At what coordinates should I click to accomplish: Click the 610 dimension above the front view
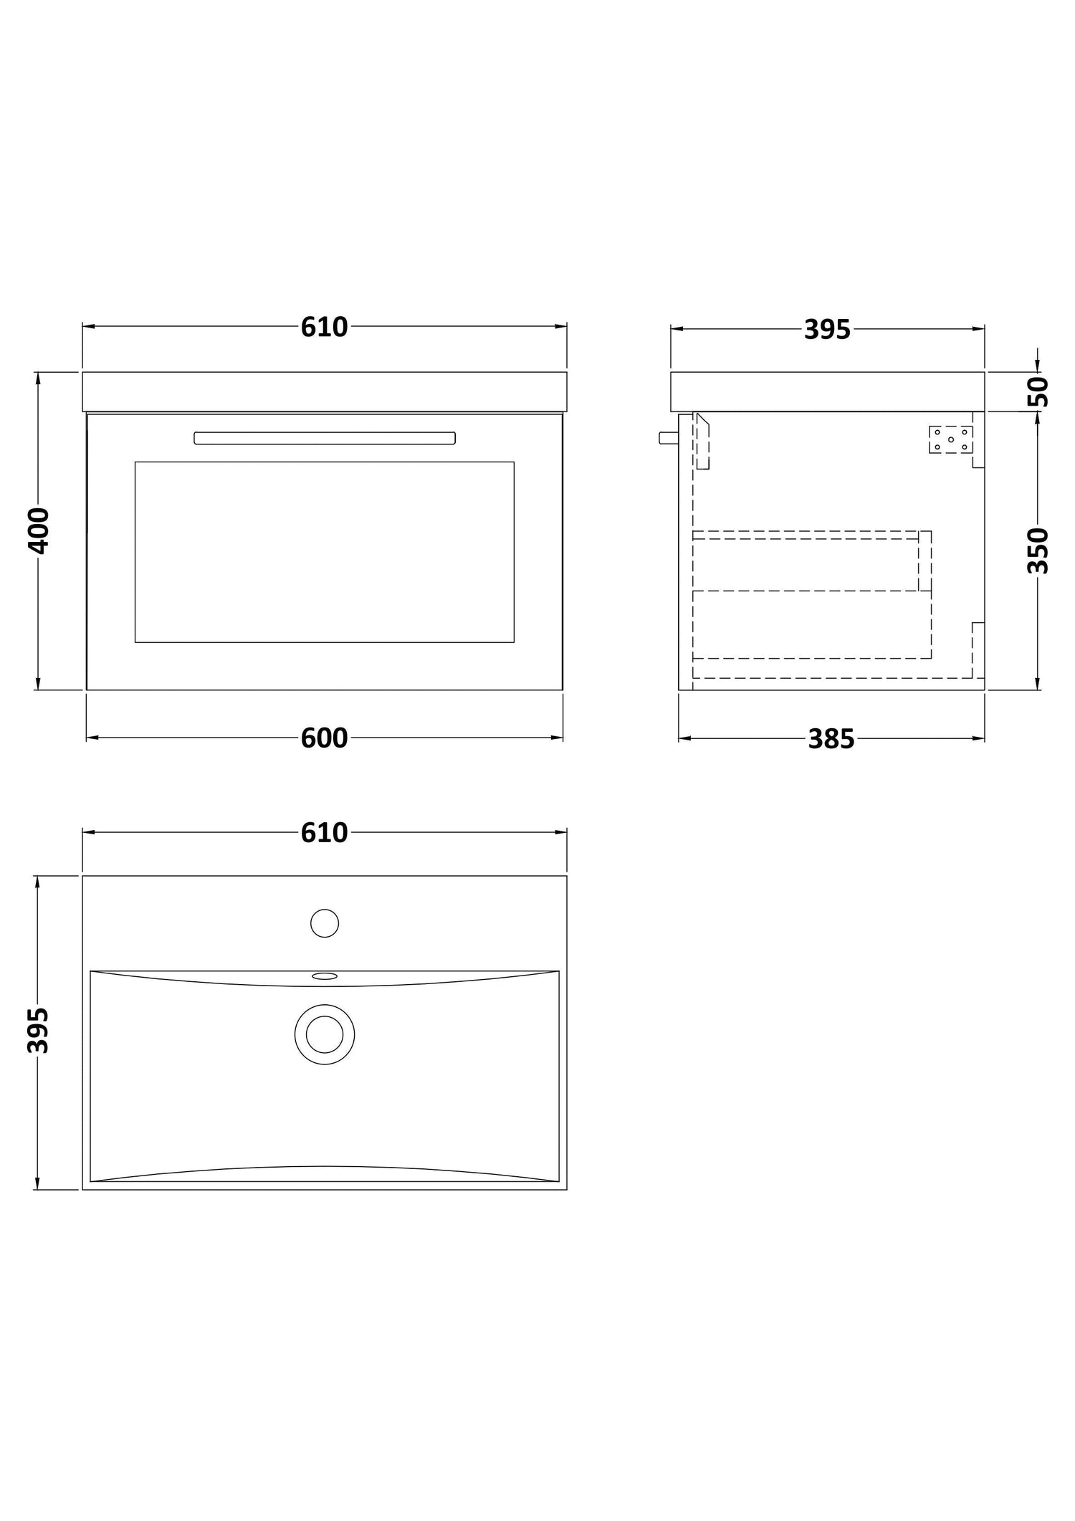(324, 328)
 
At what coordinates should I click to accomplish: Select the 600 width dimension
(324, 738)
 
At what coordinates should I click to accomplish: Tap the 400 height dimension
(38, 530)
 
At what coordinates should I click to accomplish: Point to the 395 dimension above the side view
(827, 329)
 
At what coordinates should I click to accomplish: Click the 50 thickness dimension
(1038, 391)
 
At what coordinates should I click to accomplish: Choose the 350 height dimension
(1038, 550)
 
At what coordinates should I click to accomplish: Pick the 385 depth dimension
(831, 739)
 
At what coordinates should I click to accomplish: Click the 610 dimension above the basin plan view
(324, 833)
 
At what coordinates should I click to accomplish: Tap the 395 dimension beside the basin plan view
(38, 1031)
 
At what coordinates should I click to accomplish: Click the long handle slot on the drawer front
(325, 438)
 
